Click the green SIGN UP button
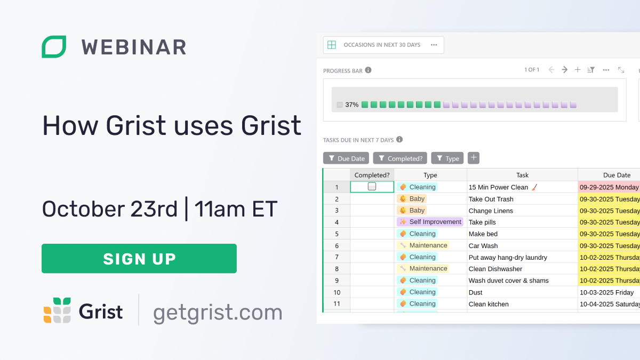point(139,259)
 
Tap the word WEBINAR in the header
point(134,47)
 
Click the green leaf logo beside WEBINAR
point(54,47)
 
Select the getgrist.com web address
point(218,313)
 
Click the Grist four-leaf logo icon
point(57,310)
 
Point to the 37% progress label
point(351,105)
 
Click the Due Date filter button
point(346,158)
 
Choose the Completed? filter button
point(400,158)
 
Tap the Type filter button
point(447,158)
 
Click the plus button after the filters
point(474,158)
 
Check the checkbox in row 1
point(372,187)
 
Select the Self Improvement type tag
point(430,222)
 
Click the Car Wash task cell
point(483,246)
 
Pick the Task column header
point(522,175)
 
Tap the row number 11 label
point(337,304)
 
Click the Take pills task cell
point(482,222)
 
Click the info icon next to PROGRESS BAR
point(368,70)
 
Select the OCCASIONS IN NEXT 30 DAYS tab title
point(382,45)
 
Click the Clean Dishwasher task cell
point(495,269)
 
